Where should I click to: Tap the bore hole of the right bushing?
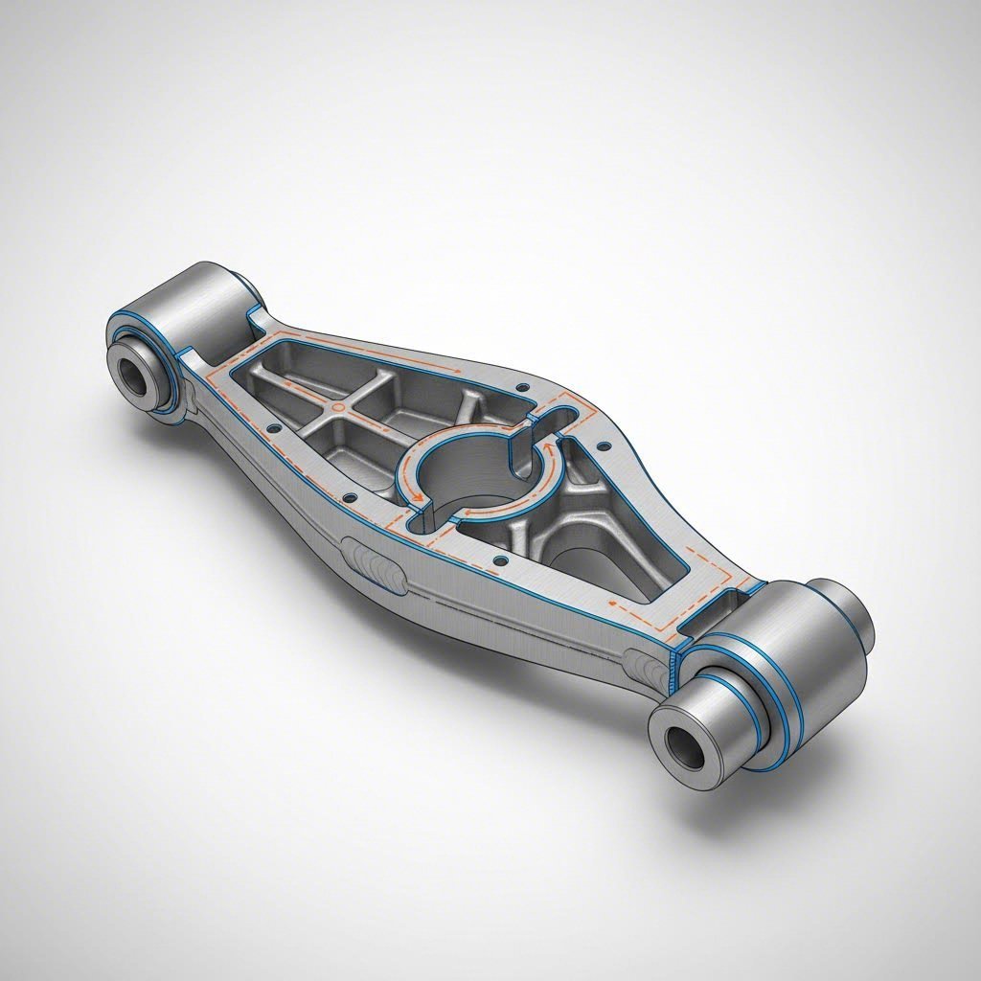coord(683,741)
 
